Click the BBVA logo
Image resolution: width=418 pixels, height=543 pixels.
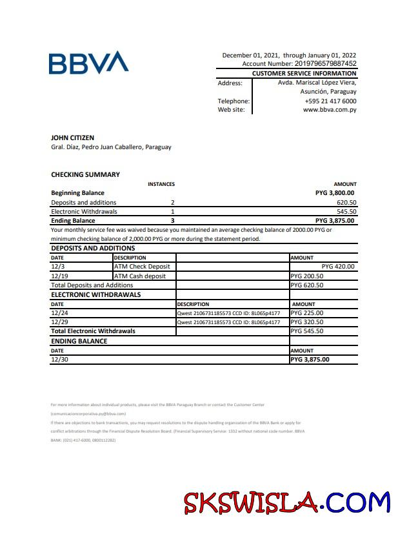(x=88, y=63)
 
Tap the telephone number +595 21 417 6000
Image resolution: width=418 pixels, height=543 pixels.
(x=330, y=101)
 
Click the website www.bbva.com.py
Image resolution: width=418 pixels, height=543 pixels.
(x=330, y=110)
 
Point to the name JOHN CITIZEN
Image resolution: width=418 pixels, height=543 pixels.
(x=72, y=138)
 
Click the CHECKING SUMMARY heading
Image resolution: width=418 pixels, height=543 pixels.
(x=85, y=174)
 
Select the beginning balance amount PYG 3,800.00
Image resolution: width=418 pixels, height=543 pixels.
(x=335, y=192)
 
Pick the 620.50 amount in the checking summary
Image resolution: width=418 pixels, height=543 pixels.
(x=346, y=202)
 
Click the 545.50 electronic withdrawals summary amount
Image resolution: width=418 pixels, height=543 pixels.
(x=346, y=211)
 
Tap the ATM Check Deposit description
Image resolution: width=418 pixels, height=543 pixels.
(x=142, y=266)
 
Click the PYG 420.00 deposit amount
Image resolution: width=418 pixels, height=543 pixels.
(x=337, y=266)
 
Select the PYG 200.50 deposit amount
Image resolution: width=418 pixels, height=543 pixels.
(x=307, y=276)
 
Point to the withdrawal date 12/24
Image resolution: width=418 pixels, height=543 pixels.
(x=59, y=312)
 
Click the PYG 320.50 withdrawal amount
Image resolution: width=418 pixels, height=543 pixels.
(x=307, y=322)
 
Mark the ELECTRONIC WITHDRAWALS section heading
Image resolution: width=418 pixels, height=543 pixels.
(x=95, y=294)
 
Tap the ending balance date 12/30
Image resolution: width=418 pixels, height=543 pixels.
(x=59, y=360)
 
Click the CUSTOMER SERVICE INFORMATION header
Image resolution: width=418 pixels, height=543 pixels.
(x=304, y=74)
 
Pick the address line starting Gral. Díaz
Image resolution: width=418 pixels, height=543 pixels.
(x=111, y=147)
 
